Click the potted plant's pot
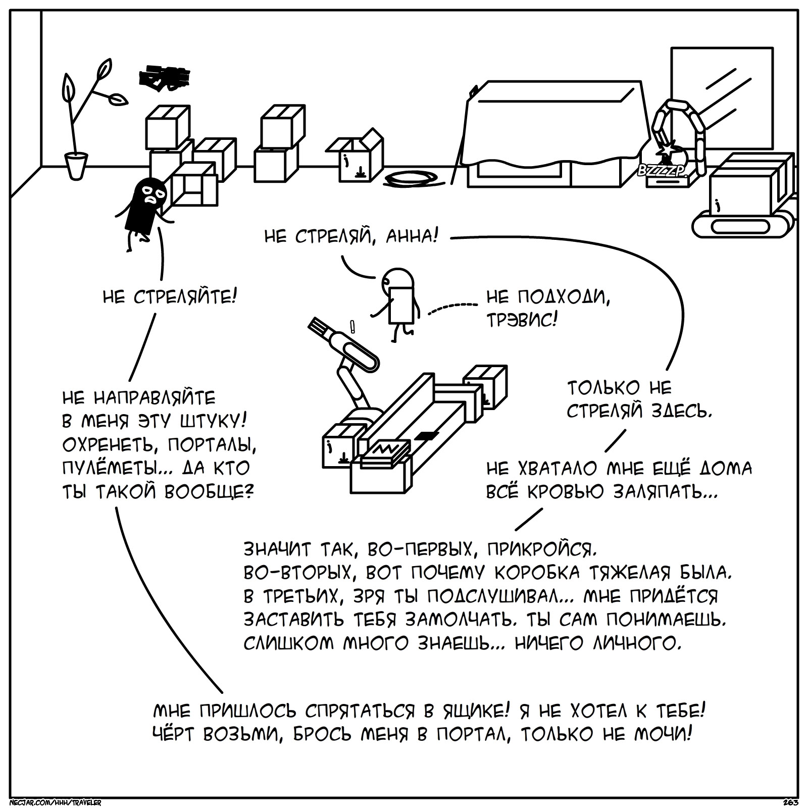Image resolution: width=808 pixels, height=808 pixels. click(x=76, y=166)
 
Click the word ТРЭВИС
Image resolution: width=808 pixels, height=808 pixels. click(x=522, y=320)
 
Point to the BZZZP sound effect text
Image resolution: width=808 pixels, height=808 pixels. click(x=662, y=171)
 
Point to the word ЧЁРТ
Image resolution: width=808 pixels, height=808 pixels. click(x=174, y=735)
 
